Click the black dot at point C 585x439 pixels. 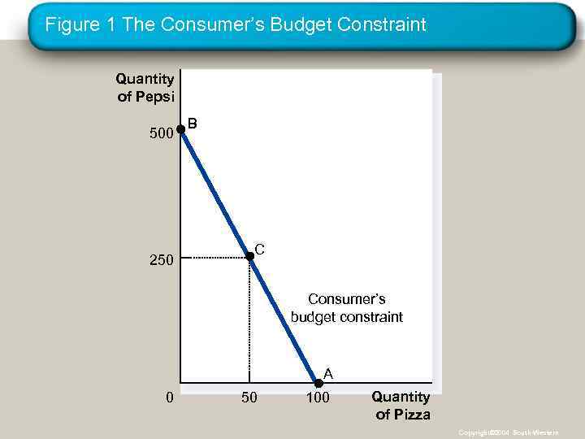pyautogui.click(x=249, y=256)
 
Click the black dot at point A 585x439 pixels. pyautogui.click(x=318, y=383)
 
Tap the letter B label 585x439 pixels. pyautogui.click(x=193, y=124)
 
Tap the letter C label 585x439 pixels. pyautogui.click(x=260, y=248)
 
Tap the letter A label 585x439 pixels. pyautogui.click(x=328, y=373)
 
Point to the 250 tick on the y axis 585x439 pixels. pyautogui.click(x=161, y=261)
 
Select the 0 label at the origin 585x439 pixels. pyautogui.click(x=168, y=398)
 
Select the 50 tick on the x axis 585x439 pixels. pyautogui.click(x=249, y=398)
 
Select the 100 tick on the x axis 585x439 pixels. pyautogui.click(x=318, y=398)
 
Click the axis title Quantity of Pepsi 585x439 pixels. pyautogui.click(x=145, y=87)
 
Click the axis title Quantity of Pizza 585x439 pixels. pyautogui.click(x=401, y=406)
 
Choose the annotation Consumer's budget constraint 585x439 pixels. pyautogui.click(x=347, y=308)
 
